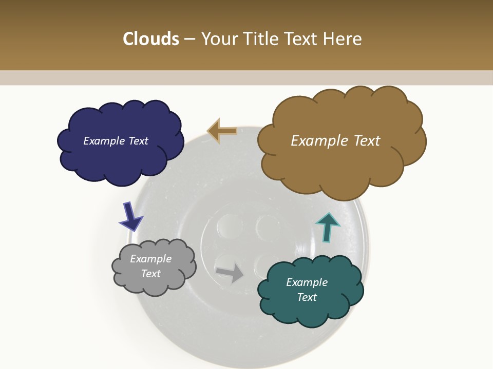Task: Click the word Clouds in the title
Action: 150,39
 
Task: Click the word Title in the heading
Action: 259,39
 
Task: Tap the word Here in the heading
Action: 342,39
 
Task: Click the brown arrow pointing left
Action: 222,131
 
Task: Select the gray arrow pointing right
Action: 230,273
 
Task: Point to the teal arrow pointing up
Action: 327,227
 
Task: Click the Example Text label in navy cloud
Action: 116,141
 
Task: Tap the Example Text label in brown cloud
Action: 335,141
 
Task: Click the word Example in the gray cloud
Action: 150,259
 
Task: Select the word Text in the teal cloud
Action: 307,297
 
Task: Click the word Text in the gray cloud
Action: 150,274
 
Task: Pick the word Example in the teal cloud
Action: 307,282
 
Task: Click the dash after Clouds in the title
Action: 189,39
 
